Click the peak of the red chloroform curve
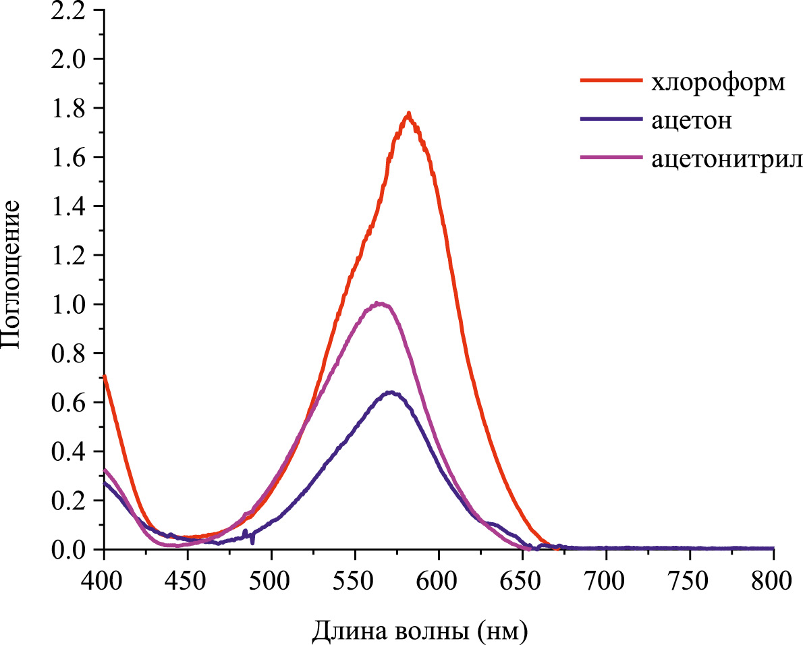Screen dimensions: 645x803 408,114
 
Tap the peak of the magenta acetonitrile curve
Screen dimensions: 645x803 381,304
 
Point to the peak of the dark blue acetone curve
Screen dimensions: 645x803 389,392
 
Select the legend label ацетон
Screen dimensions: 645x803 692,121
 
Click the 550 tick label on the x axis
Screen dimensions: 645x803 355,580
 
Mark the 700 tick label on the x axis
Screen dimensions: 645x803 606,580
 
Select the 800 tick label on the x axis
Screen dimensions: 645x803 773,580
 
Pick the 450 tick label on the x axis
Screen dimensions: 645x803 188,580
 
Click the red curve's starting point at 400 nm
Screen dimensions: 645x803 105,376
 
